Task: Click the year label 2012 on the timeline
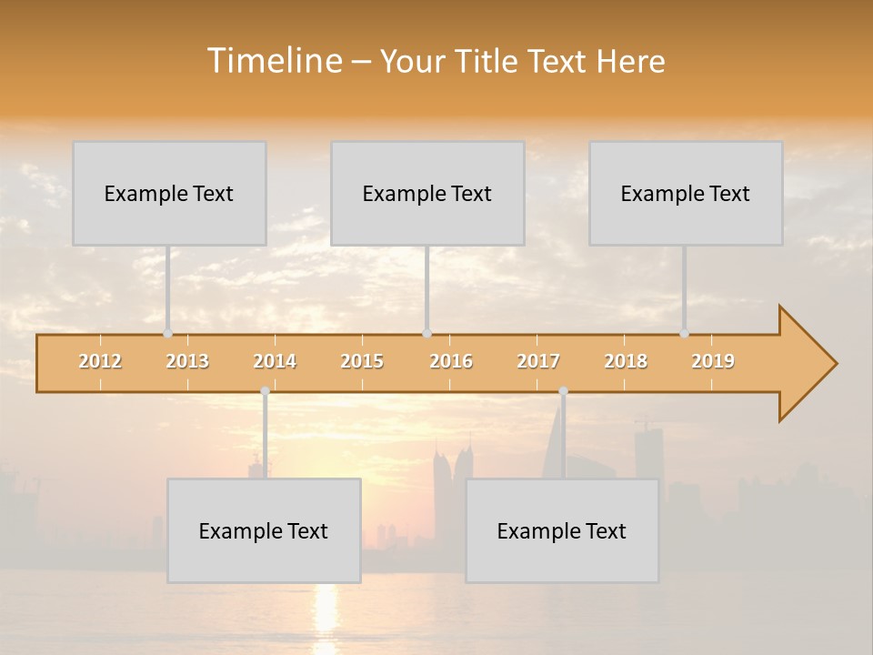click(x=100, y=361)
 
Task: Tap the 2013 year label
click(x=187, y=361)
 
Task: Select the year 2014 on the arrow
click(x=275, y=361)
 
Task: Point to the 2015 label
click(x=362, y=361)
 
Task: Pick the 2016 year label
click(x=451, y=361)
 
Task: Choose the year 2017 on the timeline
click(x=538, y=361)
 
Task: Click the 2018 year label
click(x=626, y=361)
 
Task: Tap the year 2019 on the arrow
click(x=713, y=361)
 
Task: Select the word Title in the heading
click(x=490, y=62)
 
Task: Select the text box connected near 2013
click(x=169, y=193)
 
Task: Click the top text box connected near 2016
click(x=427, y=193)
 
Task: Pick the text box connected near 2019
click(x=686, y=193)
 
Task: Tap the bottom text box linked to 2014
click(x=264, y=530)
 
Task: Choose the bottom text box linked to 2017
click(x=562, y=530)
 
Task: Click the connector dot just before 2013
click(x=167, y=333)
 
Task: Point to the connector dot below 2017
click(x=563, y=391)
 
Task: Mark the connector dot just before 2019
click(x=685, y=333)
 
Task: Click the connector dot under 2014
click(x=265, y=391)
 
